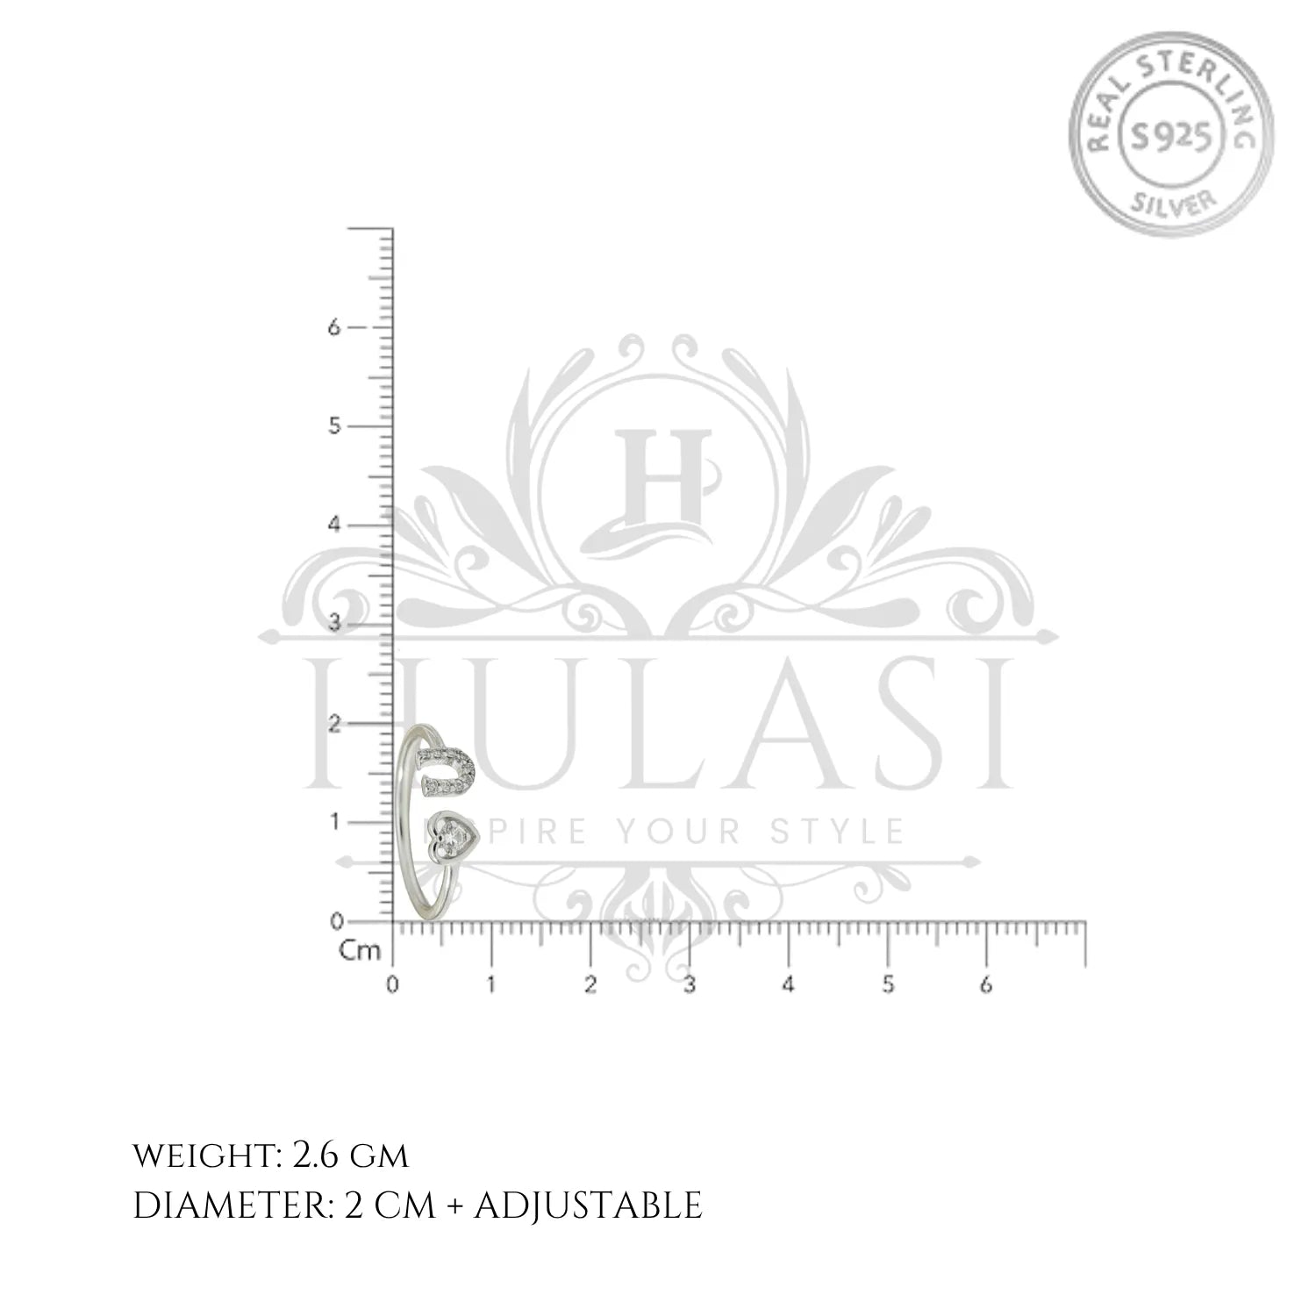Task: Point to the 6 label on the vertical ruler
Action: click(x=333, y=326)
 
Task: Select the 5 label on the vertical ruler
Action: click(x=333, y=426)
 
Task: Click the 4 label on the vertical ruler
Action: click(x=333, y=526)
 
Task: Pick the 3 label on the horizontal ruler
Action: click(x=690, y=984)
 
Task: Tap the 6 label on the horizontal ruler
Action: click(x=986, y=984)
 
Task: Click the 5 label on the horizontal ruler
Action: click(x=888, y=984)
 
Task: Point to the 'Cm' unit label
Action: click(x=360, y=950)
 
